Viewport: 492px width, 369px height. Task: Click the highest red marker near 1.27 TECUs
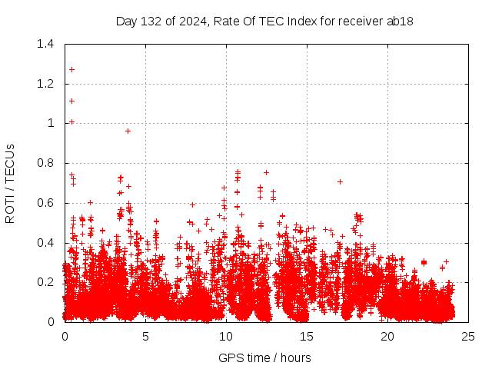(71, 69)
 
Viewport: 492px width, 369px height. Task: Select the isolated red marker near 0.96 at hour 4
(128, 131)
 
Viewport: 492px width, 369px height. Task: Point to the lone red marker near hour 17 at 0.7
(340, 181)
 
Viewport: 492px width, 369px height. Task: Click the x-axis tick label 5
(145, 337)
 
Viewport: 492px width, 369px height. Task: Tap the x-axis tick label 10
(226, 337)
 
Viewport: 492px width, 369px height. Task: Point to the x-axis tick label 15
(307, 337)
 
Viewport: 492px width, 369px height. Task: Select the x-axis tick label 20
(387, 337)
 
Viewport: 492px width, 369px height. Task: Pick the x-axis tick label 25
(468, 337)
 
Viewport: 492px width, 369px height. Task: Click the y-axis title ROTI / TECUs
(10, 183)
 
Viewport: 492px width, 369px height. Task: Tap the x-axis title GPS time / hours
(264, 357)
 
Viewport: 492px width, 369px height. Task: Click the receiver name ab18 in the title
(400, 21)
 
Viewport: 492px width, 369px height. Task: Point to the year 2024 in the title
(191, 21)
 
